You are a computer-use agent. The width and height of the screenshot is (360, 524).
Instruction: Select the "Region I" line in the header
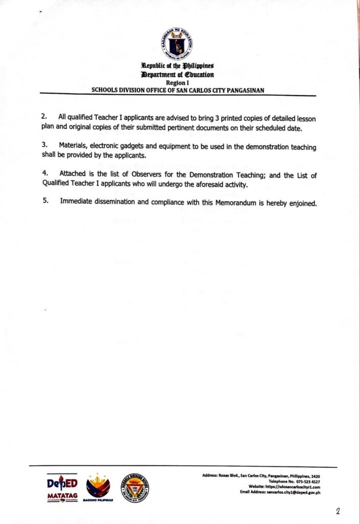point(177,82)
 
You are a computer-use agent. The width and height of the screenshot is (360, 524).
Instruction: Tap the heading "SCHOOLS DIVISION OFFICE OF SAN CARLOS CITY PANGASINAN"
point(177,90)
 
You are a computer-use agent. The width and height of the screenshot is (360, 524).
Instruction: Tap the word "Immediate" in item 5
point(78,202)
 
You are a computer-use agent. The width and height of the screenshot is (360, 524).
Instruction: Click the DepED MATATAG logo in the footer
point(62,489)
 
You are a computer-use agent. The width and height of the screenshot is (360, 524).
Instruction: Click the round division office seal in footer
point(135,487)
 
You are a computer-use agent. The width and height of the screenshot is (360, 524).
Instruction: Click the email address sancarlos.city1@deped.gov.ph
point(289,492)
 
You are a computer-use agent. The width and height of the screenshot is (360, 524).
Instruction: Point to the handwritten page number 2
point(338,510)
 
